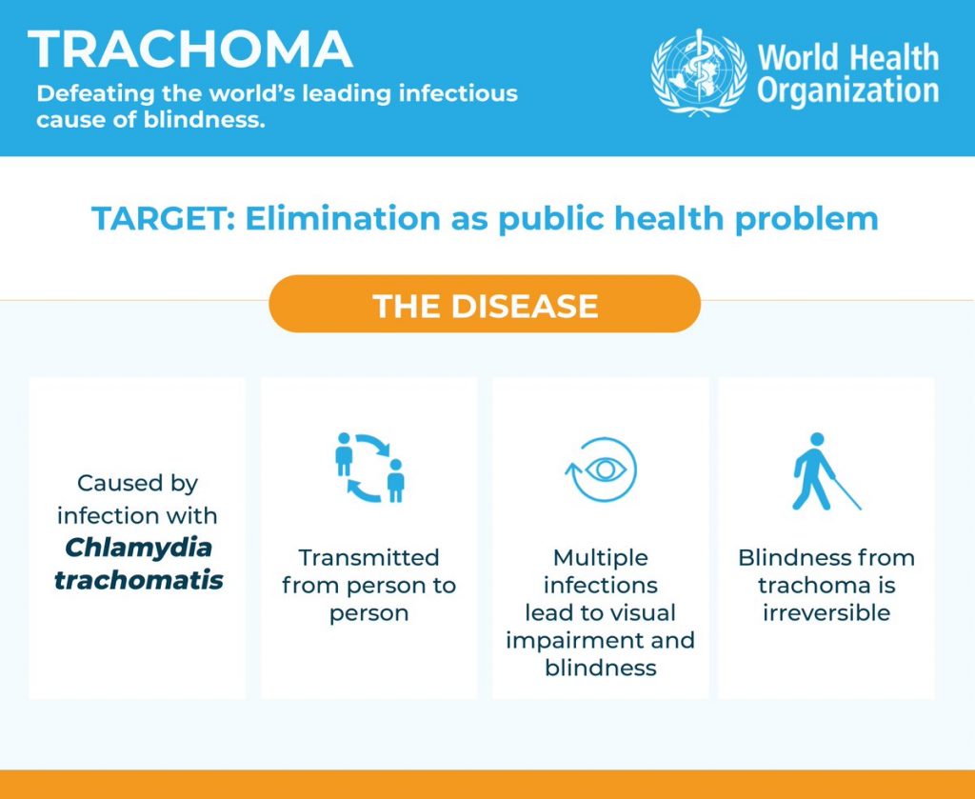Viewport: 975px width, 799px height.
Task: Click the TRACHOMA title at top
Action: [190, 50]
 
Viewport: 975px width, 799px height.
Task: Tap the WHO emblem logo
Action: [700, 72]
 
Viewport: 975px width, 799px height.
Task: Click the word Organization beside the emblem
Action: [848, 90]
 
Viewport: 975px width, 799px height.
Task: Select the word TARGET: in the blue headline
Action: [164, 219]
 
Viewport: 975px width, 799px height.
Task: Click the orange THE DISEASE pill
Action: [485, 304]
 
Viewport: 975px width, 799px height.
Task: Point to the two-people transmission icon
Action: [370, 468]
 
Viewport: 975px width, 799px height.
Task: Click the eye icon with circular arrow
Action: [602, 469]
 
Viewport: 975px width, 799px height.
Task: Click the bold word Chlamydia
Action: [138, 548]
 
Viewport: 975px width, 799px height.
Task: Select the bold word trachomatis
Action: [139, 580]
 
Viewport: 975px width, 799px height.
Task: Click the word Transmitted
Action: [368, 558]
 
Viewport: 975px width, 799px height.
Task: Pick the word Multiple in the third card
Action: [601, 558]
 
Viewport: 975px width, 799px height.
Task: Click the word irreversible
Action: [826, 613]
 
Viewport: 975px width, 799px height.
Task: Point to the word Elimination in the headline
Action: [343, 219]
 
